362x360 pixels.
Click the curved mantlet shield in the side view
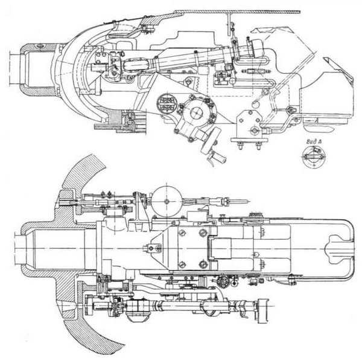click(x=84, y=79)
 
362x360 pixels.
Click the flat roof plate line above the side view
click(x=241, y=11)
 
